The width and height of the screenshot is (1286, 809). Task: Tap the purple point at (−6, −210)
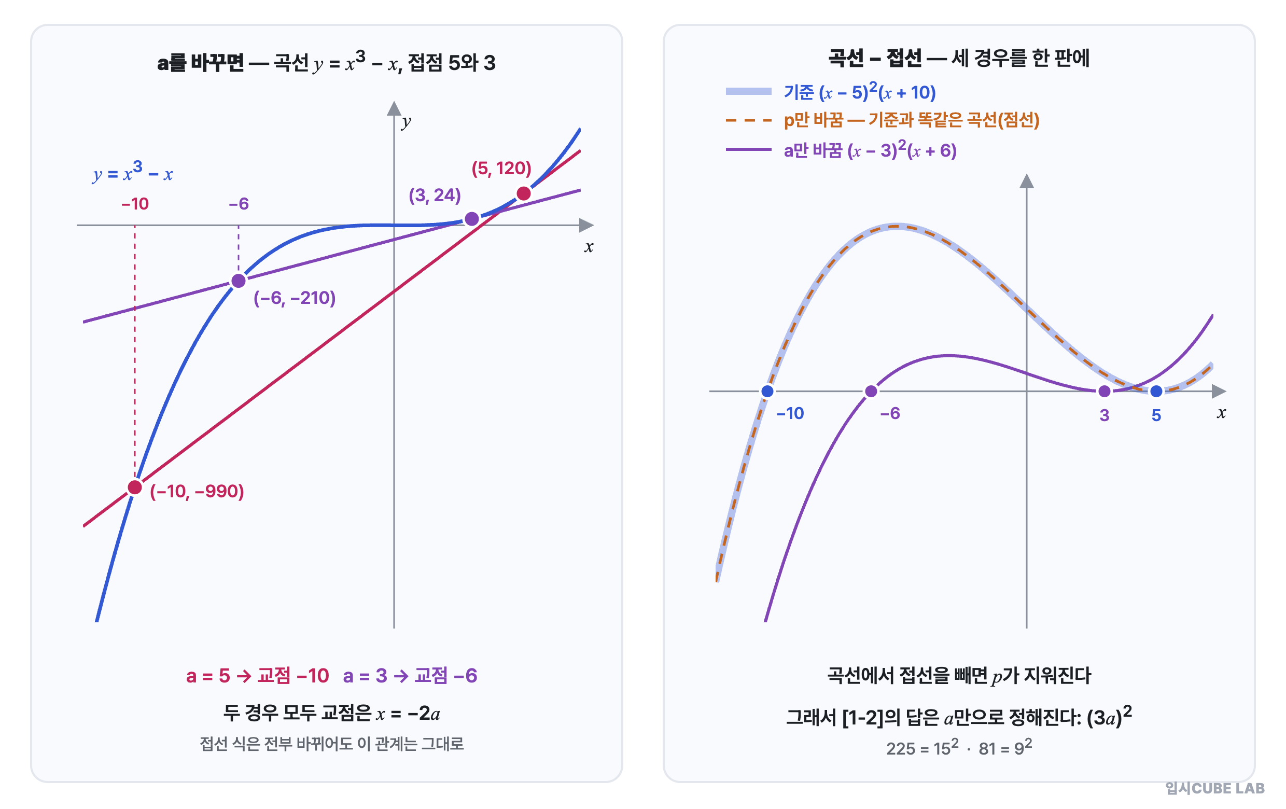[x=238, y=281]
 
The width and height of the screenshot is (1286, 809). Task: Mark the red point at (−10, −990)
[x=135, y=487]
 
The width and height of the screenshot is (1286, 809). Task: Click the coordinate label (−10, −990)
[x=197, y=491]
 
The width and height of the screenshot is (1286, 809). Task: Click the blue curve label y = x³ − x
[x=133, y=172]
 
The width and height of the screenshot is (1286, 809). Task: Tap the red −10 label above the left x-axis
[x=135, y=203]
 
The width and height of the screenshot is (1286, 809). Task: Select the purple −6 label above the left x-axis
[x=239, y=203]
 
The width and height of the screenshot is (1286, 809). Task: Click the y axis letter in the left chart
[x=407, y=122]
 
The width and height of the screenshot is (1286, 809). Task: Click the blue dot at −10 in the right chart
[x=767, y=392]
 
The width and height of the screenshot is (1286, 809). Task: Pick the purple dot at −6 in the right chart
[x=871, y=392]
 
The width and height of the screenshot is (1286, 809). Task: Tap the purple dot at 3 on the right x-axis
[x=1105, y=392]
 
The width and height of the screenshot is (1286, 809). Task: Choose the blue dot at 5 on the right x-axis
[x=1156, y=392]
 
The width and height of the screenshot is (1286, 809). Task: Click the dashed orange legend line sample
[x=748, y=120]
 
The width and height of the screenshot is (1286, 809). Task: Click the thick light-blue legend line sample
[x=748, y=91]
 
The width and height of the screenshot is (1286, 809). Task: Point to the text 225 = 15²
[x=922, y=748]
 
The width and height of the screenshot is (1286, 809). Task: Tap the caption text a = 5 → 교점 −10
[x=257, y=676]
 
